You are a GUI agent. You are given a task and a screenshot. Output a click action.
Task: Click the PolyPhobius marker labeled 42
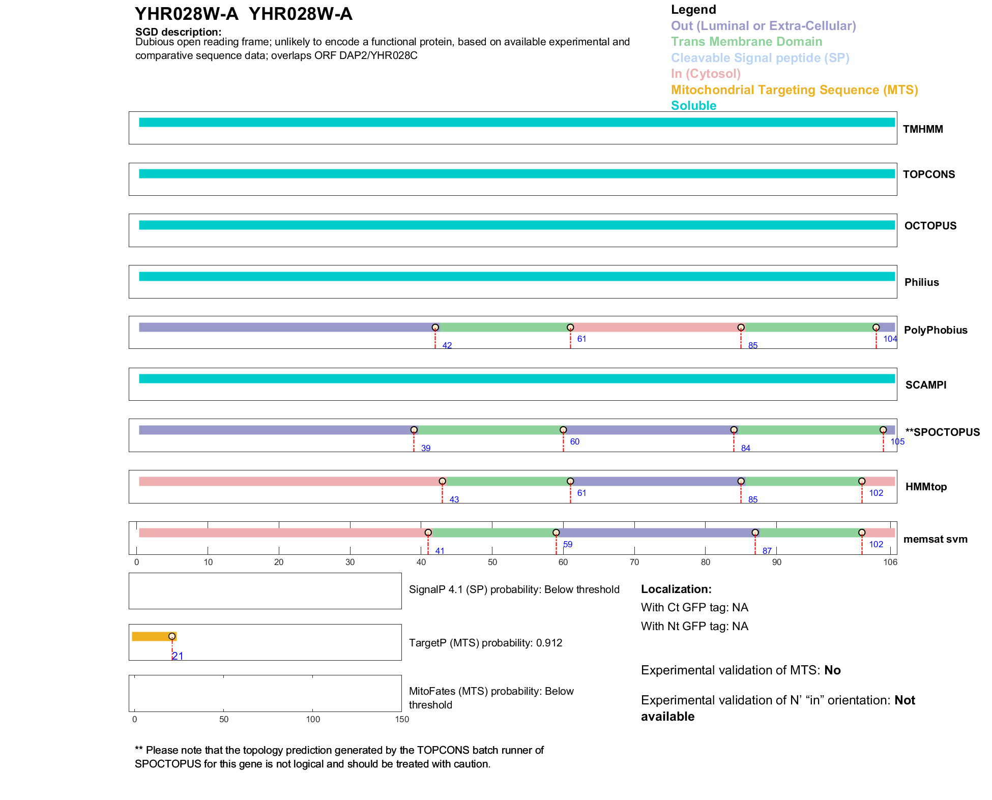pos(435,328)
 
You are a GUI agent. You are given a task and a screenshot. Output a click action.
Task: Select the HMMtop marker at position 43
pos(442,481)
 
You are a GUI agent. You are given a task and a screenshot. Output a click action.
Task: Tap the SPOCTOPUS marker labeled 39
pos(414,430)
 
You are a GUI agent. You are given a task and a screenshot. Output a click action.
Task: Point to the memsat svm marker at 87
pos(755,533)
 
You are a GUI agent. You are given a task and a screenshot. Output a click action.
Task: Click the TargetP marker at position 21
pos(172,636)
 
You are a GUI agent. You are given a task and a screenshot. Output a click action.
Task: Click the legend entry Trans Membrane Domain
pos(746,42)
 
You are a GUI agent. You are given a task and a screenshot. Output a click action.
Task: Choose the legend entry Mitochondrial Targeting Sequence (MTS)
pos(794,90)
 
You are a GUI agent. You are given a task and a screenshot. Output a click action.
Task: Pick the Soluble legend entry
pos(693,106)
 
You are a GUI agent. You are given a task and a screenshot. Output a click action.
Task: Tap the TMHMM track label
pos(923,129)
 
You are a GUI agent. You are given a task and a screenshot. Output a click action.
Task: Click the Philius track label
pos(921,282)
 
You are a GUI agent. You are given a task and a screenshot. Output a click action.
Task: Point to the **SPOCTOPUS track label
pos(942,432)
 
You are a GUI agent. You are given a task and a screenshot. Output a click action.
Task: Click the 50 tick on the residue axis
pos(492,562)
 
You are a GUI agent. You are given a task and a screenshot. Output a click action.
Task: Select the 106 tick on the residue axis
pos(890,562)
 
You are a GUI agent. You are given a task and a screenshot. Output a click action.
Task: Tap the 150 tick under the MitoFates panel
pos(402,719)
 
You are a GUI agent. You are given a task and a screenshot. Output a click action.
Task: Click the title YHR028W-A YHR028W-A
pos(243,14)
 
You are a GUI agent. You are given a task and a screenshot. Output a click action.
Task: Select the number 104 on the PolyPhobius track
pos(890,339)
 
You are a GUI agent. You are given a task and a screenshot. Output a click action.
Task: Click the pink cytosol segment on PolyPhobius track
pos(655,328)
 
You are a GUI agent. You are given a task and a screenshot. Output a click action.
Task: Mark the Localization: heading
pos(676,589)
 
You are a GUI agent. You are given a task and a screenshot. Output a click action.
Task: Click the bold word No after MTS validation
pos(832,670)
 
